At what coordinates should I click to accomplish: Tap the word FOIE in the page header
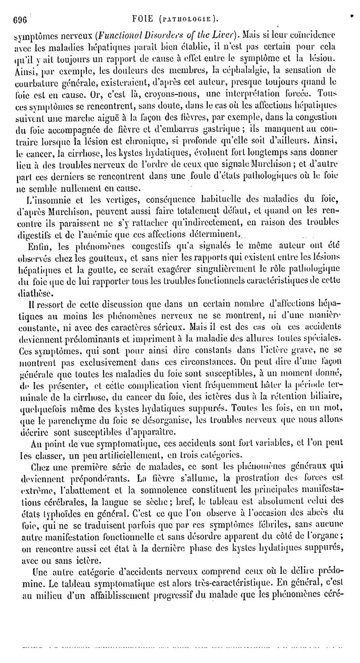click(x=144, y=19)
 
